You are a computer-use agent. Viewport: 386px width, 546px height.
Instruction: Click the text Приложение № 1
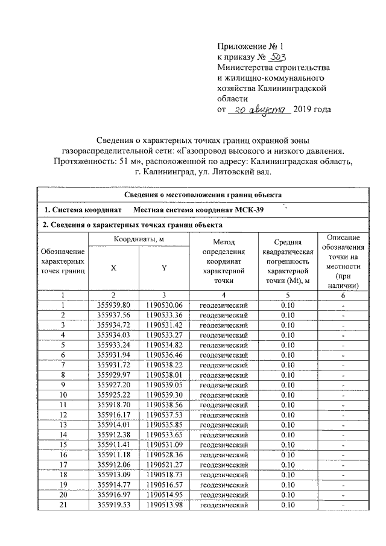pyautogui.click(x=249, y=45)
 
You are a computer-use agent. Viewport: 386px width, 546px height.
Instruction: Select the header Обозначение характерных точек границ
pyautogui.click(x=62, y=261)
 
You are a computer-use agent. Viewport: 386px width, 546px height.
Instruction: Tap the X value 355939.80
pyautogui.click(x=113, y=305)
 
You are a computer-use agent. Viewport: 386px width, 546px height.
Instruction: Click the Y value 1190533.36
pyautogui.click(x=164, y=315)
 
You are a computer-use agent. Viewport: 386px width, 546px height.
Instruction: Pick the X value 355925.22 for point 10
pyautogui.click(x=113, y=393)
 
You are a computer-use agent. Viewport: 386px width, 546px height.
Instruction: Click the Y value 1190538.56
pyautogui.click(x=164, y=404)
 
